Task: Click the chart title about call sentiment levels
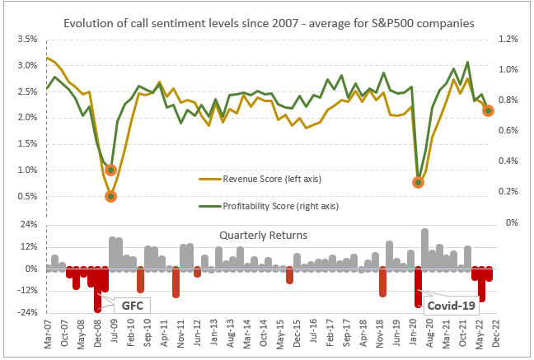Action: point(269,24)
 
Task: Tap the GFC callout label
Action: point(132,306)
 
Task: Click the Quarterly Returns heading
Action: point(263,235)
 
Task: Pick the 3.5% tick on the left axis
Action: point(26,40)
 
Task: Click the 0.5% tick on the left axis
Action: point(26,196)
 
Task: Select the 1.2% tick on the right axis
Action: point(508,40)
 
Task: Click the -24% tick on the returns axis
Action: point(26,312)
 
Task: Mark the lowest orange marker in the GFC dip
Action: point(110,196)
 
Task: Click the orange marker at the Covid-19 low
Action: point(419,182)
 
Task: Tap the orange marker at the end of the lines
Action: point(488,110)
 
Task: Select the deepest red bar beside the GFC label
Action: point(98,290)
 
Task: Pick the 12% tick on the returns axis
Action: point(26,247)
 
